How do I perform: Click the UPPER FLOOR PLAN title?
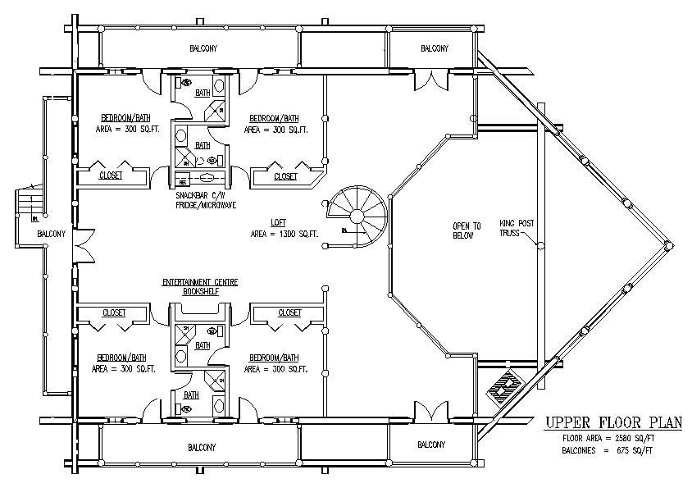pyautogui.click(x=613, y=423)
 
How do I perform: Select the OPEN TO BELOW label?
pyautogui.click(x=467, y=230)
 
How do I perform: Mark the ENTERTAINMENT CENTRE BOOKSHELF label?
pyautogui.click(x=200, y=286)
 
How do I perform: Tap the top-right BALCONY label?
pyautogui.click(x=435, y=48)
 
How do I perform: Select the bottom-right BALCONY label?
pyautogui.click(x=431, y=445)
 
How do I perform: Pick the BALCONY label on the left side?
pyautogui.click(x=51, y=234)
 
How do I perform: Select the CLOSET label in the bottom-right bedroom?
pyautogui.click(x=289, y=312)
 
